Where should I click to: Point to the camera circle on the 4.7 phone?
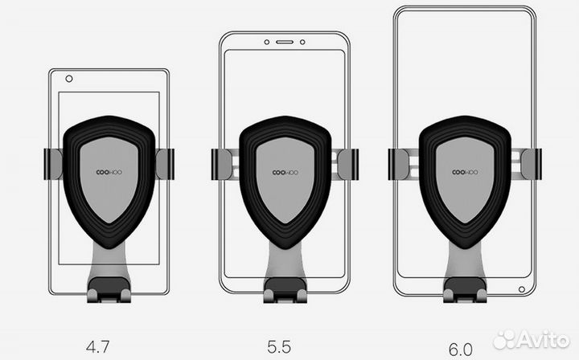point(69,80)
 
